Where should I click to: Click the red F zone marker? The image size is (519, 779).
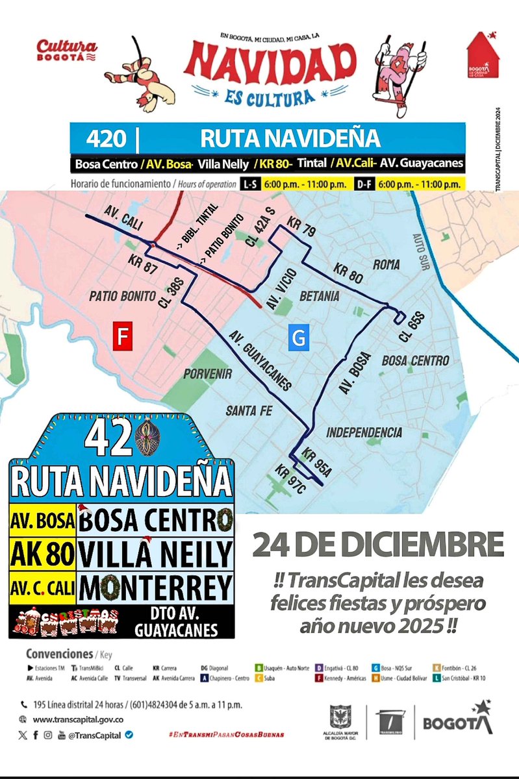point(121,338)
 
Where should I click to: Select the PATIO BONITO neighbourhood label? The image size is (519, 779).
point(117,297)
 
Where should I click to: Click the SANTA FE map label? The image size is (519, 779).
point(249,410)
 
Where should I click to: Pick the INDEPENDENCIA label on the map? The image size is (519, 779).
point(364,432)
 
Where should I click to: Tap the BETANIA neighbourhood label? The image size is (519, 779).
point(320,296)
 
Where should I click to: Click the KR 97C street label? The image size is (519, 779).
point(290,479)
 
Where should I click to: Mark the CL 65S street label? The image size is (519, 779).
point(414,327)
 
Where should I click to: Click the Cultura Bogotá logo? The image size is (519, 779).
point(67,49)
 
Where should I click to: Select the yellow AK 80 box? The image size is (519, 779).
point(43,554)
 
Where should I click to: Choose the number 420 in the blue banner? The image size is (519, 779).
point(105,139)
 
